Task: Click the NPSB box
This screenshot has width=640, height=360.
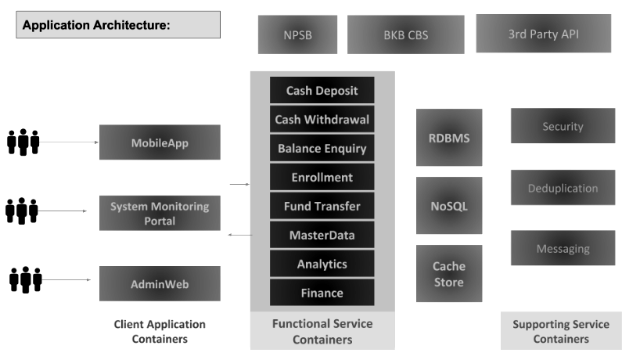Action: [297, 34]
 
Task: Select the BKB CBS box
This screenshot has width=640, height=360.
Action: [406, 34]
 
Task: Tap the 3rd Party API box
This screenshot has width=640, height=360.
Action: [543, 34]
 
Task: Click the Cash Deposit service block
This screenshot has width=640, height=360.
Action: [322, 90]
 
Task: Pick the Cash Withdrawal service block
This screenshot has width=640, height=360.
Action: [322, 119]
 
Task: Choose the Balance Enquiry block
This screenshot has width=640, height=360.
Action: [322, 148]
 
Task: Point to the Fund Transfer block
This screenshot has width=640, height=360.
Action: [322, 206]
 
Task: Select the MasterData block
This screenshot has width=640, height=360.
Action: [322, 235]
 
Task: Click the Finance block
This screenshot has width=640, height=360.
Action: [322, 293]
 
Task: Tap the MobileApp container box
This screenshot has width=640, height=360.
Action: [160, 142]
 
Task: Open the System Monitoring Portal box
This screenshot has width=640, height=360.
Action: [160, 213]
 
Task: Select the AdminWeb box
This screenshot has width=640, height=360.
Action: [160, 283]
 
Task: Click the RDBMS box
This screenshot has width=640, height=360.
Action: [449, 138]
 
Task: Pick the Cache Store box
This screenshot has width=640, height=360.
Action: [449, 273]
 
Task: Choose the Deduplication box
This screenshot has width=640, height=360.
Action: [563, 187]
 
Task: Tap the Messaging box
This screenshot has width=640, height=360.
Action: [563, 248]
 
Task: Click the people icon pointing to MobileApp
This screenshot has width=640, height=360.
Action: [23, 142]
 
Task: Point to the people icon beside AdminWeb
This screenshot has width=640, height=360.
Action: [26, 279]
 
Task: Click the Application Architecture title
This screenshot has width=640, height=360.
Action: [96, 25]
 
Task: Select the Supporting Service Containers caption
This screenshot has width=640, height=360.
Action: [561, 331]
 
